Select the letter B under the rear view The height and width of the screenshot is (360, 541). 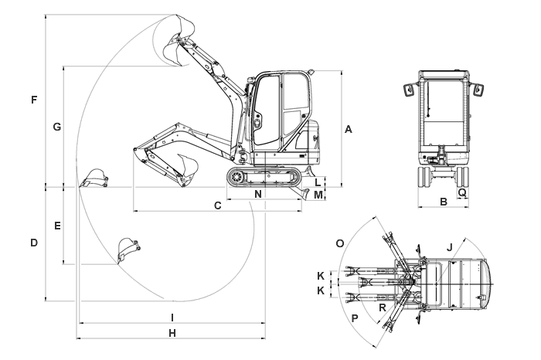coord(443,202)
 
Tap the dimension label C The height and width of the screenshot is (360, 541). coord(218,205)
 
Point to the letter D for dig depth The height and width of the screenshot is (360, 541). coord(33,243)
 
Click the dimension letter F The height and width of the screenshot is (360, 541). coord(33,100)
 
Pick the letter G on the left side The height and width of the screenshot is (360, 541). coord(56,126)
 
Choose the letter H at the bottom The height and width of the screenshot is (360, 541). coord(172,333)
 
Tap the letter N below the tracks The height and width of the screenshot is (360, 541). coord(257,194)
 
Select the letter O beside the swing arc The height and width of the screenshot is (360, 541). coord(339,243)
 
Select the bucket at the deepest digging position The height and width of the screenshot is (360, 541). coord(127,251)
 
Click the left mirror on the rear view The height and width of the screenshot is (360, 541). coord(407,89)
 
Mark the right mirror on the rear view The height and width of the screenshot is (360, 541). coord(478,89)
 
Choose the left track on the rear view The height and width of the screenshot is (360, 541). coord(424,177)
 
